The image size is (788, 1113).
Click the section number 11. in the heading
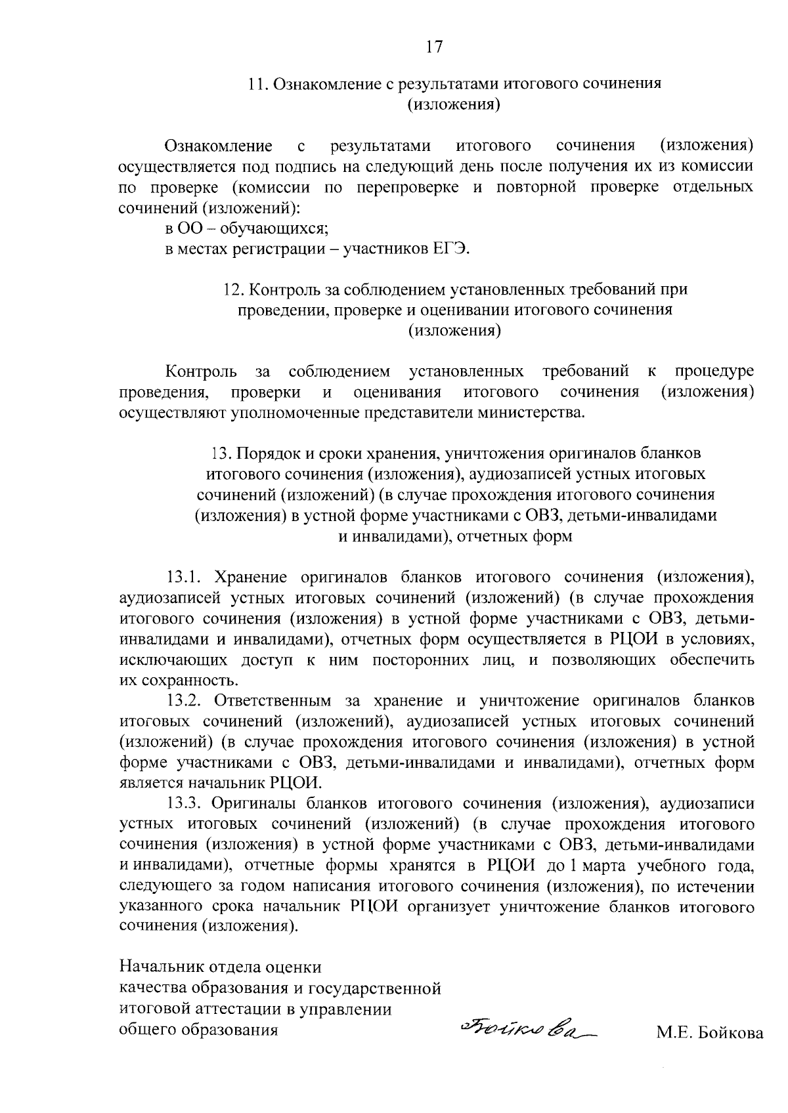[258, 84]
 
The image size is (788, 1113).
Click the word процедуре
[714, 372]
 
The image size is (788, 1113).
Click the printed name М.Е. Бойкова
[710, 1034]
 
